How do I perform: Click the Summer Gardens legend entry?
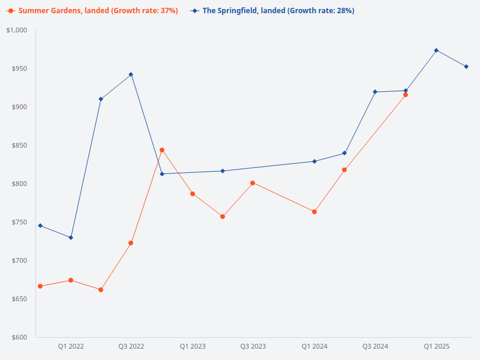(x=93, y=11)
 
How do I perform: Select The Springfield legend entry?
(x=273, y=11)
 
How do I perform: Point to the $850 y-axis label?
(x=19, y=145)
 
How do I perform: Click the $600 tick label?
(x=19, y=337)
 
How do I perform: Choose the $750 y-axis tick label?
(x=19, y=222)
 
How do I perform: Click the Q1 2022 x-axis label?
(x=71, y=346)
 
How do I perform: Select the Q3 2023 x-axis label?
(x=253, y=346)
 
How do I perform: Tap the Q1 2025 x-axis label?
(x=436, y=346)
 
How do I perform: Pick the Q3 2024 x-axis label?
(x=375, y=346)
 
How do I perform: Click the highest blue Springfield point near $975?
(x=436, y=50)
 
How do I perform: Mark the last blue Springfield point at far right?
(x=466, y=67)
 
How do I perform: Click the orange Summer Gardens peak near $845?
(x=162, y=150)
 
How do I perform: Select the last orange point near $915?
(x=406, y=95)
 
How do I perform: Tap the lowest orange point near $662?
(x=101, y=290)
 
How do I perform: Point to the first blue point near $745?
(x=40, y=226)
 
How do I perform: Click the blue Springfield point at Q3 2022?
(x=131, y=74)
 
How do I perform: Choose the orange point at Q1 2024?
(x=314, y=212)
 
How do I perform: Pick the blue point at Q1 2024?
(x=314, y=161)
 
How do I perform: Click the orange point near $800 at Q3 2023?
(x=253, y=183)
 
